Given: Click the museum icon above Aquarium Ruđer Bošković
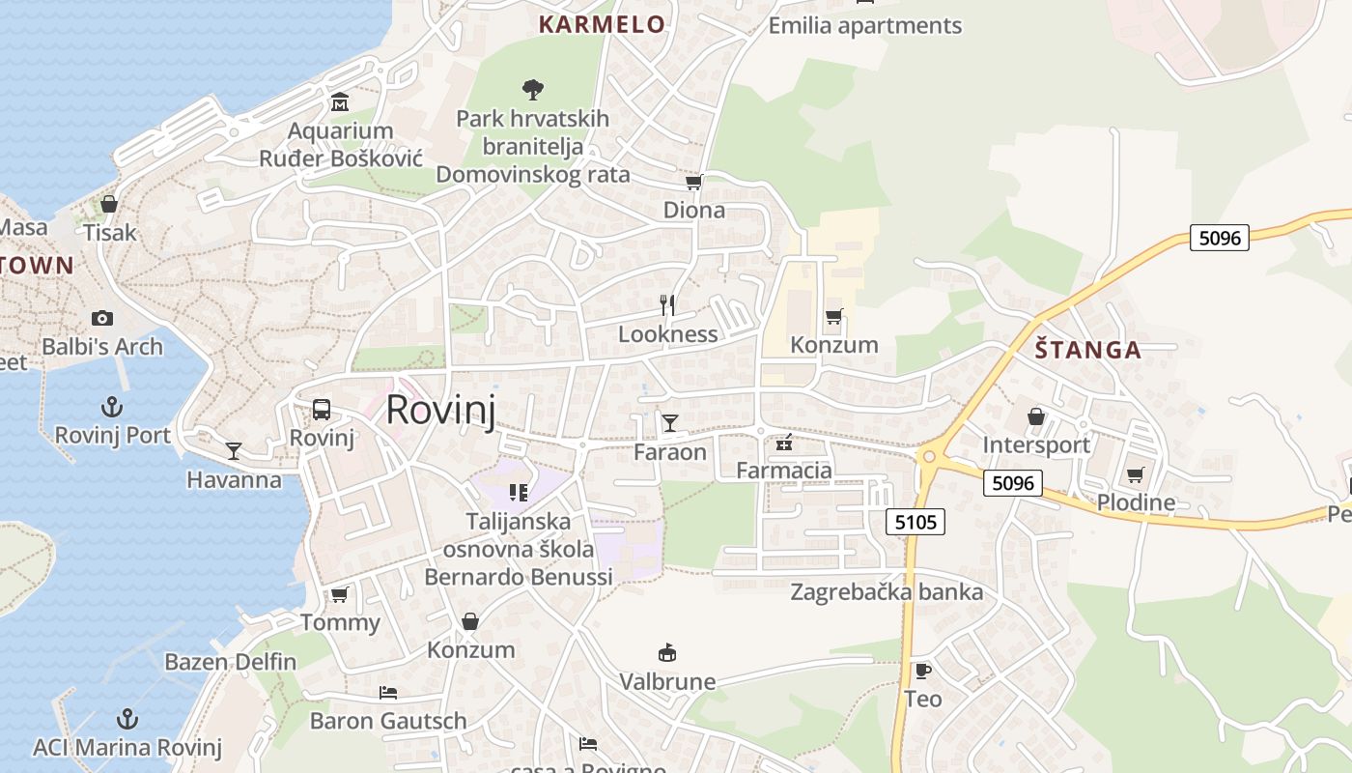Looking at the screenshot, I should [340, 102].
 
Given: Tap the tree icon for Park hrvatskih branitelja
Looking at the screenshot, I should [532, 90].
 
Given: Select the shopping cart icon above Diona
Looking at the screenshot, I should [693, 182].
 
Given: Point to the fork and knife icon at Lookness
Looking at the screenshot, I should [666, 305].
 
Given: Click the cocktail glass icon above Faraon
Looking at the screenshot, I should [669, 422].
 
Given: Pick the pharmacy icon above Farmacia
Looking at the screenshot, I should [784, 444].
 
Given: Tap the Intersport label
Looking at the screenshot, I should [1036, 444].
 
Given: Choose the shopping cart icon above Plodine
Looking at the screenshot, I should [1135, 474].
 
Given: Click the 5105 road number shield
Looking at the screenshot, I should [915, 523].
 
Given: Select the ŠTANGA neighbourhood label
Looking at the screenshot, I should [1088, 350].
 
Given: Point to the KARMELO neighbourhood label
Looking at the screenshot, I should [602, 24].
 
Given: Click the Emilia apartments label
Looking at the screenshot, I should [865, 26].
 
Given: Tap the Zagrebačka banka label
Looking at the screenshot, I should [887, 591].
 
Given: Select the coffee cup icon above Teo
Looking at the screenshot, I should [922, 671].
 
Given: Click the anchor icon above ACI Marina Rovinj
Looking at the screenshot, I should [127, 719].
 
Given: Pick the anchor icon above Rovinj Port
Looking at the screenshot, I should [112, 407].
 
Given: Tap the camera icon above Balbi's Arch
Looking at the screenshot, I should [101, 318].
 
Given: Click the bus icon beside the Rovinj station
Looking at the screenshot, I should [322, 410].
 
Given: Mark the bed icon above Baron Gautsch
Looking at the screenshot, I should [388, 693].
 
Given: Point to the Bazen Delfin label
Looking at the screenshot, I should [230, 662].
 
